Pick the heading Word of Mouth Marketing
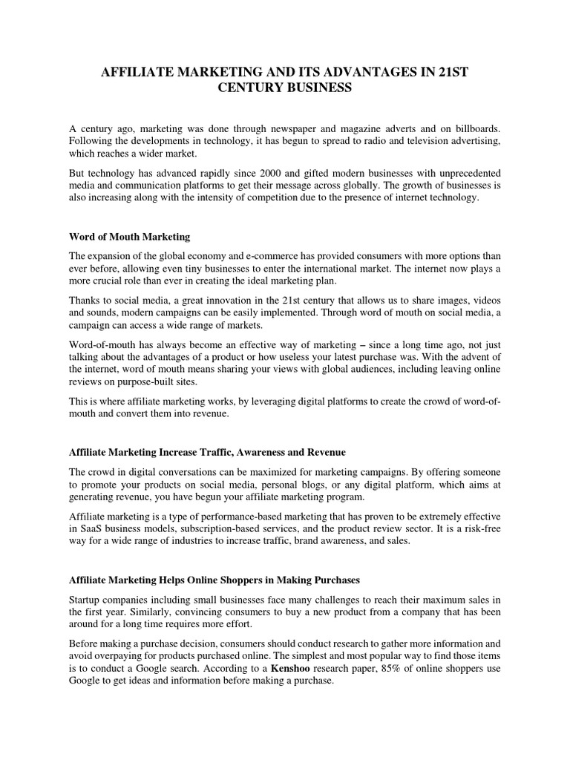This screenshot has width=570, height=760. (x=130, y=237)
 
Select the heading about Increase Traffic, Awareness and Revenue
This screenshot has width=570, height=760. (x=207, y=451)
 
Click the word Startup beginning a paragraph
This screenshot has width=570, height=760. (x=88, y=599)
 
